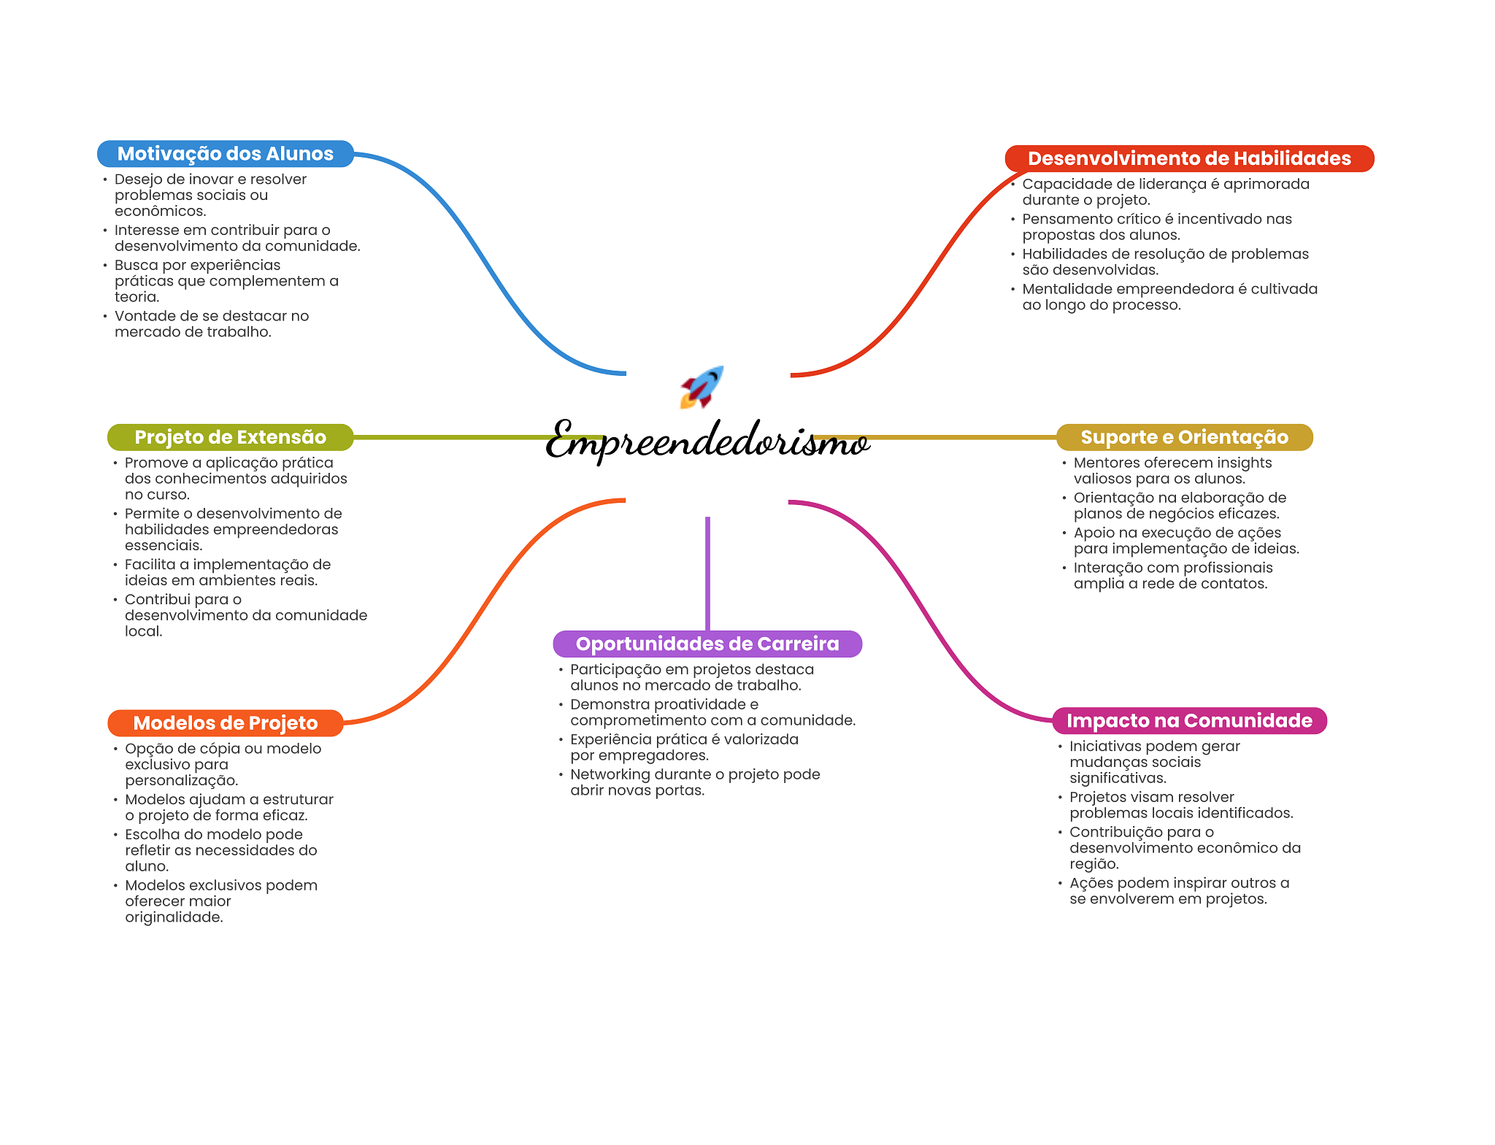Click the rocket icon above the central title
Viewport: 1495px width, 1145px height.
coord(702,387)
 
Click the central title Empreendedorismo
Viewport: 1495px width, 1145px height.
coord(707,441)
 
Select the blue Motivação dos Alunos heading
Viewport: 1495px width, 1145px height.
coord(225,154)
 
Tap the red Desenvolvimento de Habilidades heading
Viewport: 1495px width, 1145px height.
coord(1188,158)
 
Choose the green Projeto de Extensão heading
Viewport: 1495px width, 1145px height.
coord(230,437)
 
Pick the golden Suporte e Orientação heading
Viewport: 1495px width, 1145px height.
coord(1184,437)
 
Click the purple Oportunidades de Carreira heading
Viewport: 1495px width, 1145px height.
coord(707,644)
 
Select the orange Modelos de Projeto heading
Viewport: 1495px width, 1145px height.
coord(225,723)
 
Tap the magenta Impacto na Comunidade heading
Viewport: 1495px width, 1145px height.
coord(1188,721)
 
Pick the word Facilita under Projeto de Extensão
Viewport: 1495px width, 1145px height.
coord(150,564)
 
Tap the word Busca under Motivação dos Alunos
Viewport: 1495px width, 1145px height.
coord(136,265)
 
